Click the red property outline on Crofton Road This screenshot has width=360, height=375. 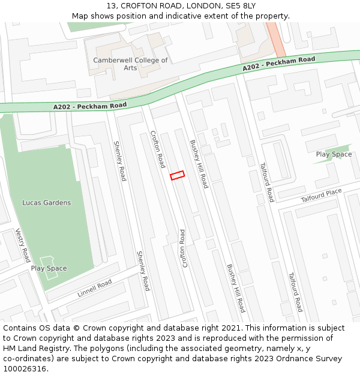(x=177, y=175)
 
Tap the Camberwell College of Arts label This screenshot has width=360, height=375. (x=130, y=64)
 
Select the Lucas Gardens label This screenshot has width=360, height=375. (x=46, y=203)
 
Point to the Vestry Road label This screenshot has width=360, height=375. (x=23, y=245)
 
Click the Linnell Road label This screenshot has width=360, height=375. (x=94, y=288)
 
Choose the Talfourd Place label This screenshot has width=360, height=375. (x=321, y=195)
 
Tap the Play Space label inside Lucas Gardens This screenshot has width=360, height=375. (x=49, y=268)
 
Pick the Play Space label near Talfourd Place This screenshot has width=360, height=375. (x=334, y=154)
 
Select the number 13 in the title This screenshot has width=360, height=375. (x=110, y=6)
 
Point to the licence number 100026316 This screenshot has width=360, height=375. (x=23, y=369)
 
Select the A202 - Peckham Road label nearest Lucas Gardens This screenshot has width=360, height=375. (x=90, y=106)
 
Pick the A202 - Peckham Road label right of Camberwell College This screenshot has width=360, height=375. (x=278, y=64)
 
